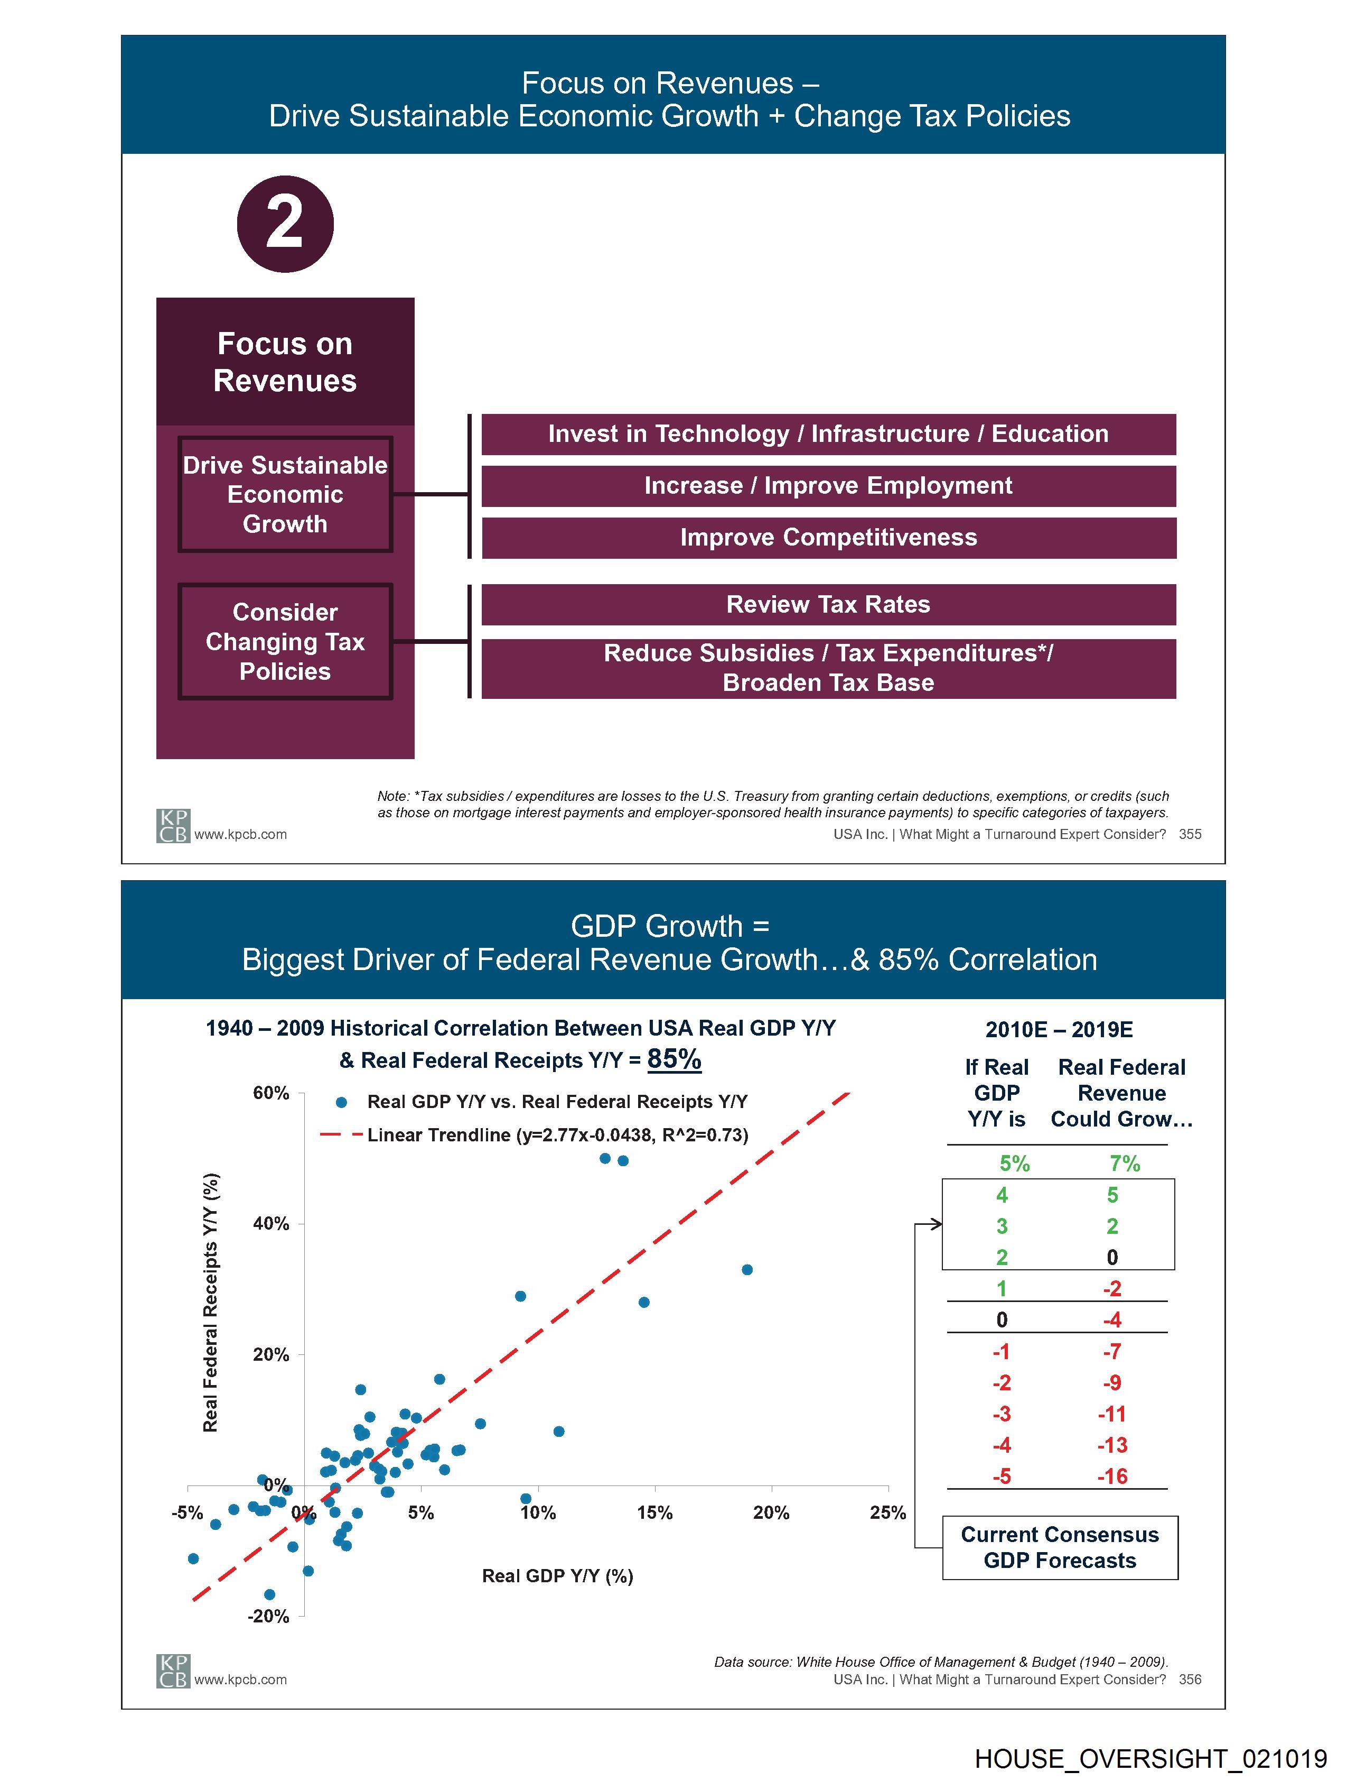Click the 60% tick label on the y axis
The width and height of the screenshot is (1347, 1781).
click(x=270, y=1093)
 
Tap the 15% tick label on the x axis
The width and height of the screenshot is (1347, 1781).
click(x=654, y=1513)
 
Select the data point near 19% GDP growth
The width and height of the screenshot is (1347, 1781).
click(x=747, y=1270)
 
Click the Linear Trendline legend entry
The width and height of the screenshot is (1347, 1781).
click(x=557, y=1136)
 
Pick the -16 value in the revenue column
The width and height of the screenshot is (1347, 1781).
click(x=1112, y=1477)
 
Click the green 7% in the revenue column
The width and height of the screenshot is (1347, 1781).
click(x=1124, y=1164)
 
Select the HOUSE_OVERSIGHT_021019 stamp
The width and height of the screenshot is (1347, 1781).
click(x=1150, y=1758)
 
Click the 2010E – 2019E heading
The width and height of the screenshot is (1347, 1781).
click(x=1059, y=1030)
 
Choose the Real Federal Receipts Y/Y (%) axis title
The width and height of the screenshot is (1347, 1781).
click(x=210, y=1303)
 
